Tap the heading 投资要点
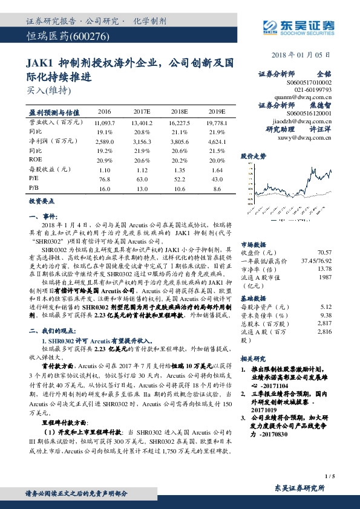42,201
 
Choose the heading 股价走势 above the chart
254,156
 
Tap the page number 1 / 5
329,476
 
